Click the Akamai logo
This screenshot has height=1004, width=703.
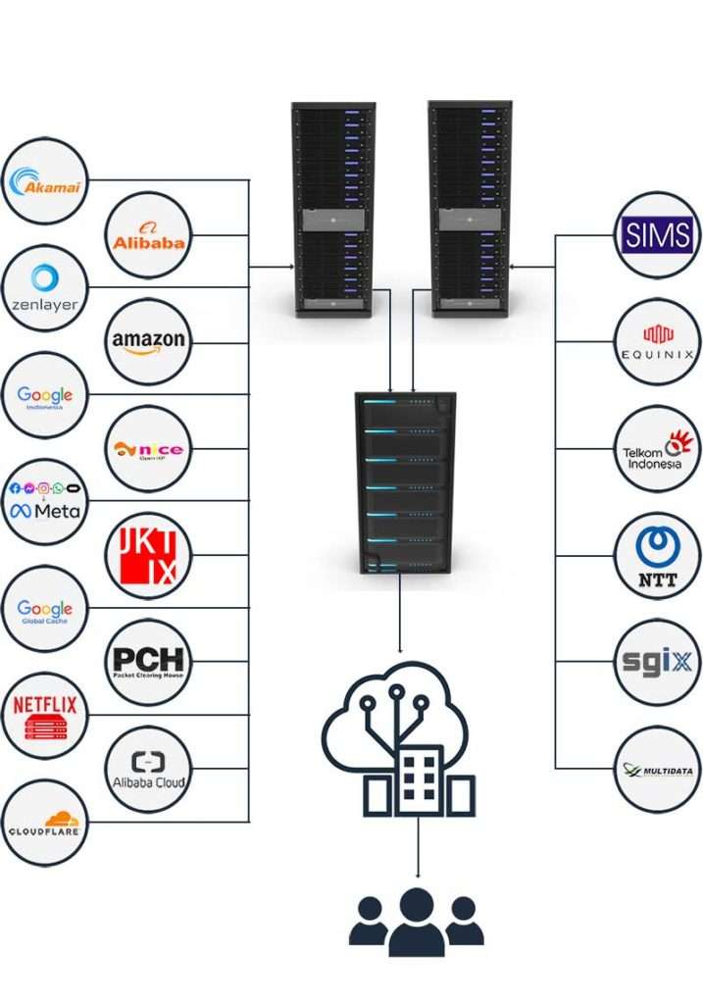point(44,182)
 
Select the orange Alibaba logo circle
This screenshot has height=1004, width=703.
point(147,235)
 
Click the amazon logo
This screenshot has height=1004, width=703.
point(147,341)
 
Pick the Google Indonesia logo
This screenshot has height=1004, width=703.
point(44,395)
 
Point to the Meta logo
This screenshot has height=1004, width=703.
point(44,502)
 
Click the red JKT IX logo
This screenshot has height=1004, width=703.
point(147,556)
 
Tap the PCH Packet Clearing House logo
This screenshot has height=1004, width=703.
point(147,662)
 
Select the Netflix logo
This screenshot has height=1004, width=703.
point(44,716)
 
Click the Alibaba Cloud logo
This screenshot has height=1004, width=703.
point(147,769)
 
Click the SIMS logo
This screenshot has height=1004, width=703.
point(658,235)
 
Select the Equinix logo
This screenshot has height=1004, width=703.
point(658,341)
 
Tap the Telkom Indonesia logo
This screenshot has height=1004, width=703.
point(658,449)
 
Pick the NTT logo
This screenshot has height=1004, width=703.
point(658,556)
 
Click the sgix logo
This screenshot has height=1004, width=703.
point(658,662)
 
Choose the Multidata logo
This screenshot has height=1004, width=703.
point(658,769)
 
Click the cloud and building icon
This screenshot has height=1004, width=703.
point(399,740)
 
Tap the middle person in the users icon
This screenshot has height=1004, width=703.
point(417,922)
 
